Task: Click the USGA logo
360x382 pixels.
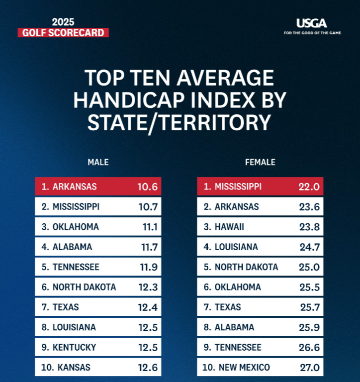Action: [312, 23]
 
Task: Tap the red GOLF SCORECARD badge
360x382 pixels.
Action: [63, 33]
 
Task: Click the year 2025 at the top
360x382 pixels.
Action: [64, 22]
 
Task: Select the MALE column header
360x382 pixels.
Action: [98, 162]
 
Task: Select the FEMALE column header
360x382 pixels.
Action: [260, 162]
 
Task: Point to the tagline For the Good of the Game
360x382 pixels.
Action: [312, 33]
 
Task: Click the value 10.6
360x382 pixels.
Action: [148, 187]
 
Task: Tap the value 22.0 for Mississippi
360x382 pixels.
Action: [309, 187]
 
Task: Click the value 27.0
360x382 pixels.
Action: [309, 368]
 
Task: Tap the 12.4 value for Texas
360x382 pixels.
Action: [148, 307]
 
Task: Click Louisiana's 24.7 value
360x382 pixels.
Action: [309, 247]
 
